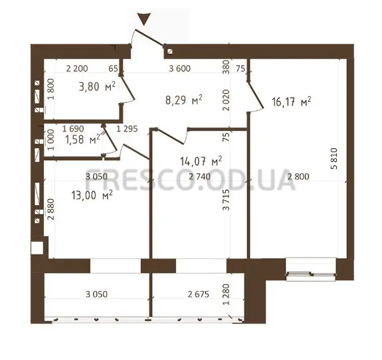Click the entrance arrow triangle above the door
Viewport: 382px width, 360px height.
(144, 19)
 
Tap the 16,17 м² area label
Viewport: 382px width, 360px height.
(292, 102)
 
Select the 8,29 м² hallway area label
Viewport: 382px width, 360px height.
(183, 100)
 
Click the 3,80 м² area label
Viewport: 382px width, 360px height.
(97, 86)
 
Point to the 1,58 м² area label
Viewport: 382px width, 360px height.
(82, 139)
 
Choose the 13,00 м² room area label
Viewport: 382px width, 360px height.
(92, 195)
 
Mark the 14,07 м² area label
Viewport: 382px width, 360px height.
(201, 161)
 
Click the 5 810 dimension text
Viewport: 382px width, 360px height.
(335, 158)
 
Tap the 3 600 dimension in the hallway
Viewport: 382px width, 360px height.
(180, 68)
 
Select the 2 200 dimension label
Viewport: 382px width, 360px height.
(77, 68)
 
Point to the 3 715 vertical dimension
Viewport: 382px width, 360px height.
(226, 200)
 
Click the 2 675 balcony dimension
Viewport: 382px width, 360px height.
(199, 294)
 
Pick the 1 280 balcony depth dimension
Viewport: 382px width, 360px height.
(226, 294)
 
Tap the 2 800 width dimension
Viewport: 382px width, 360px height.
(298, 176)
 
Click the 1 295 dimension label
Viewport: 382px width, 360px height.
(127, 129)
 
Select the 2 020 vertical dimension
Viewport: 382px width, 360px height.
(226, 100)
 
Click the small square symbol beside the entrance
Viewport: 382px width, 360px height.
(170, 51)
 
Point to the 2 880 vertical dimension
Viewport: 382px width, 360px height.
(50, 209)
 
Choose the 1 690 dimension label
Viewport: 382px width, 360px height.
(73, 129)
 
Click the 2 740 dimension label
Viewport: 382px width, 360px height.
(199, 176)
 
